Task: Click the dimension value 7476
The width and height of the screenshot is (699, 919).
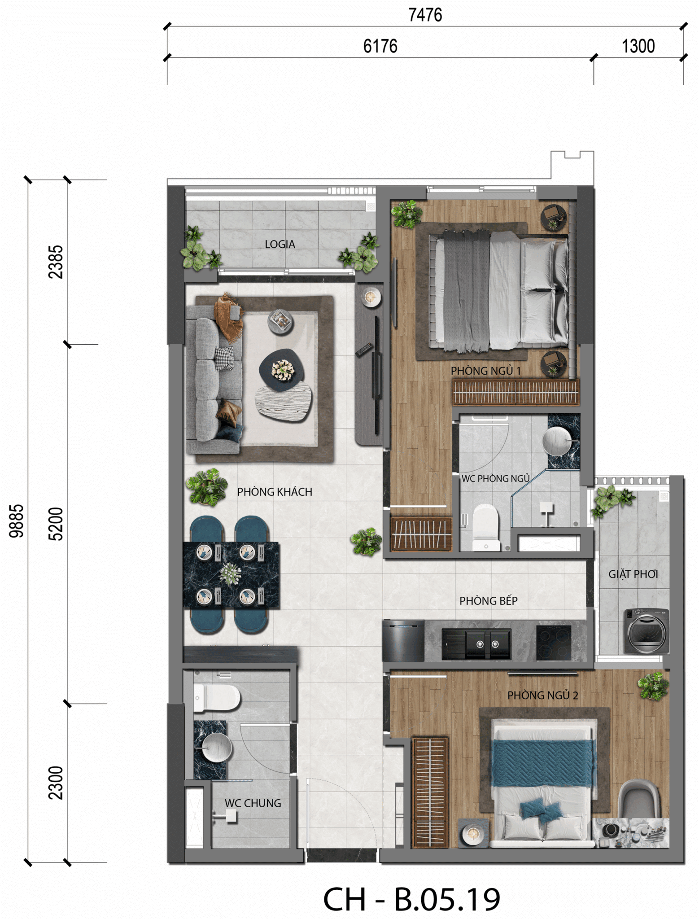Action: click(x=425, y=15)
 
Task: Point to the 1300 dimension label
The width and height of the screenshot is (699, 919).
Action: click(x=638, y=46)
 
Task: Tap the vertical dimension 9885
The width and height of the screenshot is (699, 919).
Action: click(x=16, y=521)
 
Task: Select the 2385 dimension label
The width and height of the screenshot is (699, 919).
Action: click(x=56, y=262)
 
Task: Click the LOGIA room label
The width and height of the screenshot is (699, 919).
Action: click(x=280, y=245)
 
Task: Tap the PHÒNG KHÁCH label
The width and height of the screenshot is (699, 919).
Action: click(x=275, y=492)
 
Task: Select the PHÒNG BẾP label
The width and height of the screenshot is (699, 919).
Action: click(x=489, y=600)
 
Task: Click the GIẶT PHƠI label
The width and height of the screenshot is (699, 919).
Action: click(x=633, y=574)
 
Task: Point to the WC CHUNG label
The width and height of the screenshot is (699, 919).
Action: click(x=253, y=803)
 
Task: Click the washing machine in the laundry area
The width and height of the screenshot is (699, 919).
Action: click(x=647, y=631)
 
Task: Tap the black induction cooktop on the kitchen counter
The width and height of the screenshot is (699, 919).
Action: click(x=554, y=643)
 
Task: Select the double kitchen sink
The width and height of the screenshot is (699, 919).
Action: click(x=476, y=644)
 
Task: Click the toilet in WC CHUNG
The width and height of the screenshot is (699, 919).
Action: click(x=217, y=698)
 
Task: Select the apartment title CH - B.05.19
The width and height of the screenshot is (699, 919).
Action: click(x=411, y=899)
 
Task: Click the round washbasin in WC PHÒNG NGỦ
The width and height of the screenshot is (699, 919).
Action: click(x=557, y=441)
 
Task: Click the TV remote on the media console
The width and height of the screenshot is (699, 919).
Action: click(x=364, y=350)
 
